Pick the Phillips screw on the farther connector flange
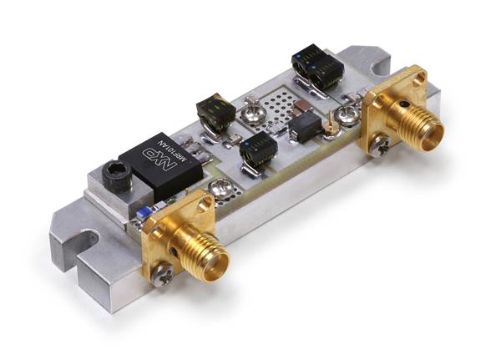[x=381, y=147]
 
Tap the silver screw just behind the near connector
[x=220, y=190]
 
